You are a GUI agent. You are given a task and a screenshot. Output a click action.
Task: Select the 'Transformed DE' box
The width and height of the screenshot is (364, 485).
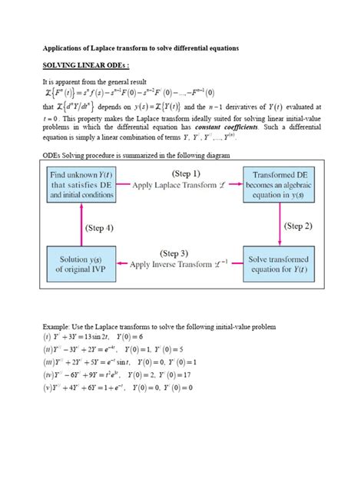point(280,186)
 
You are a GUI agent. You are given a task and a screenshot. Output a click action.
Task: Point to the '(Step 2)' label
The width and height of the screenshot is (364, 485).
point(299,226)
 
